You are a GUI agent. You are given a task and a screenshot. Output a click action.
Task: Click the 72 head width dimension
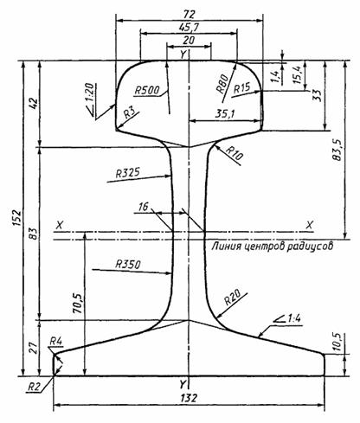(189, 14)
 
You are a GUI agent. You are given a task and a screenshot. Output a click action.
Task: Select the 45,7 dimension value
(189, 27)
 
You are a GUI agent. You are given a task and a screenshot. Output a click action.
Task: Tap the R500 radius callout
(147, 91)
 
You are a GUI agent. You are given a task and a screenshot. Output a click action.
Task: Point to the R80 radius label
(222, 83)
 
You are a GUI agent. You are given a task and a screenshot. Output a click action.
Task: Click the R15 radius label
(241, 88)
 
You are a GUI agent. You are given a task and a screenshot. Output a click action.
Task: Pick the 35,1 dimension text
(225, 114)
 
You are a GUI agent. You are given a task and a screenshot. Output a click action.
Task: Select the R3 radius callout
(130, 113)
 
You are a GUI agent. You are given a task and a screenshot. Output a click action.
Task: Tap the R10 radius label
(235, 152)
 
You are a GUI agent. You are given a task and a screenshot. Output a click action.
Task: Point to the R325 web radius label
(127, 173)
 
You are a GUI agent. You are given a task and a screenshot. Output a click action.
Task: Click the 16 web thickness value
(144, 207)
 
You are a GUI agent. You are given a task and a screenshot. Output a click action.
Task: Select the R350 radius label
(127, 265)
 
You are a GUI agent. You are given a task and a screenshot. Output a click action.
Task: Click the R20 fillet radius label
(233, 298)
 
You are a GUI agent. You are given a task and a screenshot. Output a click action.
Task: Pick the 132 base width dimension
(189, 398)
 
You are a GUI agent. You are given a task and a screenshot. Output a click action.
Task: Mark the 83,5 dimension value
(337, 150)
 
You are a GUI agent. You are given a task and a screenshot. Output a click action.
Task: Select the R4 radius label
(56, 341)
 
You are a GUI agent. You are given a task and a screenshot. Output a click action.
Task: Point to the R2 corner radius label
(34, 387)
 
